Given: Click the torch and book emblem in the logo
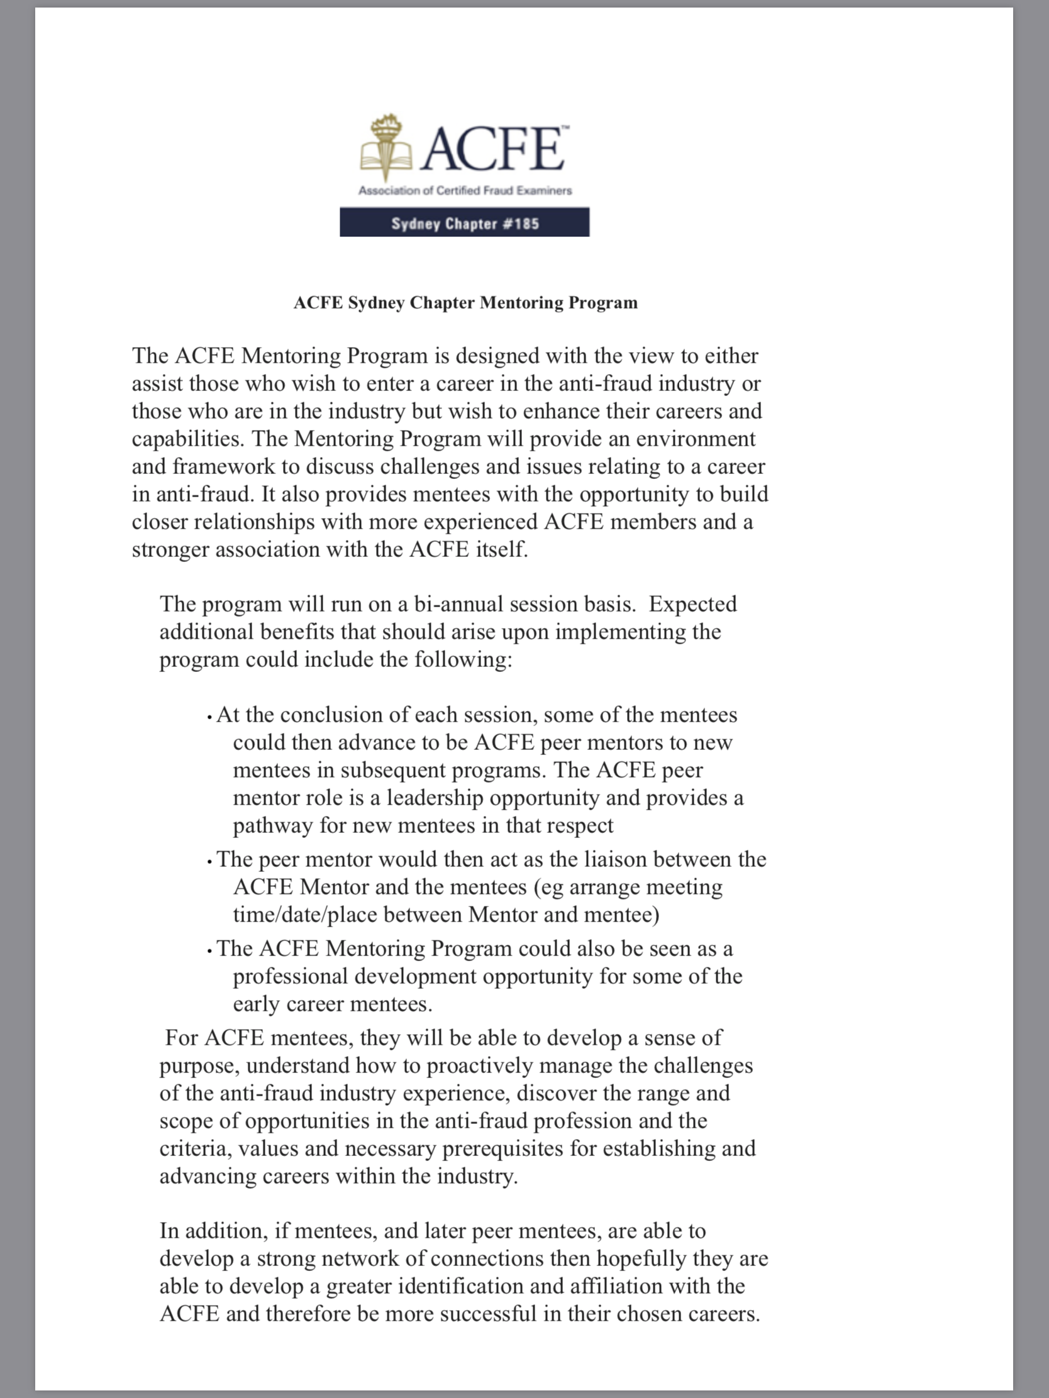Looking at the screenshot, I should [x=385, y=148].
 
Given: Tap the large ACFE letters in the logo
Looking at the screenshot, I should [x=492, y=149].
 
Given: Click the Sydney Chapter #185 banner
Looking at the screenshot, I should [x=464, y=223].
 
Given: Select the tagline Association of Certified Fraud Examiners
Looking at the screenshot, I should [x=465, y=190].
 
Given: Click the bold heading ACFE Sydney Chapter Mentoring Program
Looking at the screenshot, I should [x=465, y=303].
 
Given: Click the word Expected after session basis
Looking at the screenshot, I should [x=692, y=604].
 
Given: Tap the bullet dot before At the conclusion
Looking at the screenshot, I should [x=209, y=718].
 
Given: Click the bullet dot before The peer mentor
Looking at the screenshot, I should [x=209, y=862].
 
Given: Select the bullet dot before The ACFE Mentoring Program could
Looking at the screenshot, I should [x=209, y=952].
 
